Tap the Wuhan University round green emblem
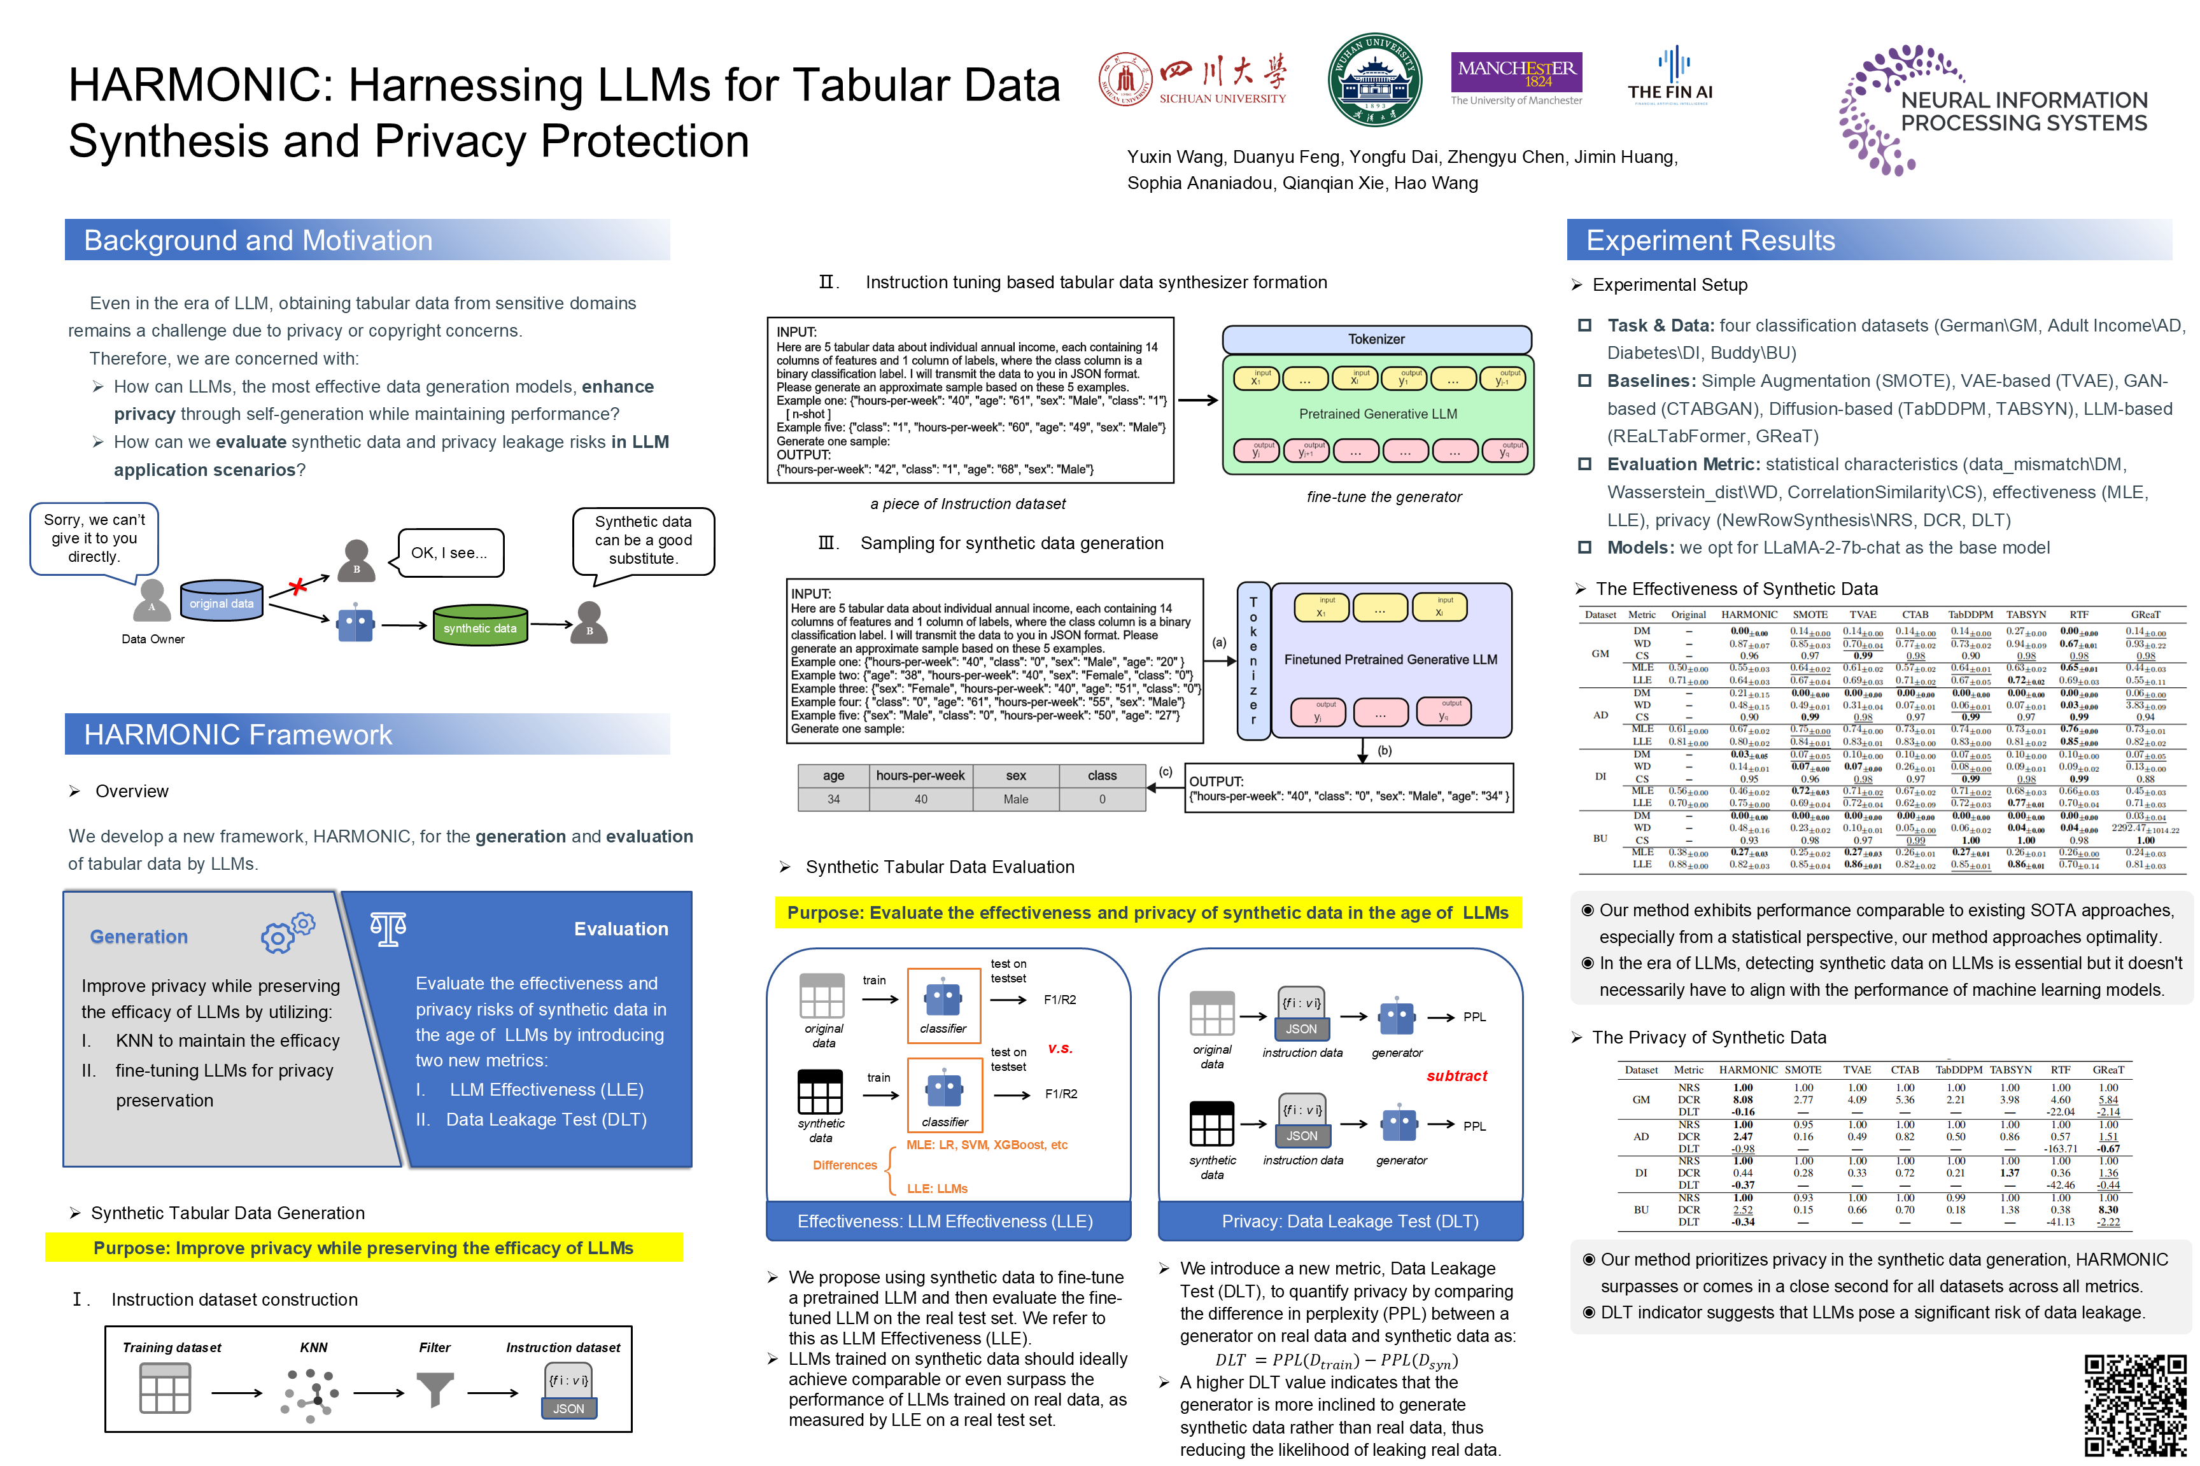click(1374, 80)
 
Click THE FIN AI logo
click(1670, 76)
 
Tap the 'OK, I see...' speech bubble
click(450, 552)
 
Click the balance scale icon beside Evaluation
click(388, 928)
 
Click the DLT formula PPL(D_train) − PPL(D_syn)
click(1337, 1360)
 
